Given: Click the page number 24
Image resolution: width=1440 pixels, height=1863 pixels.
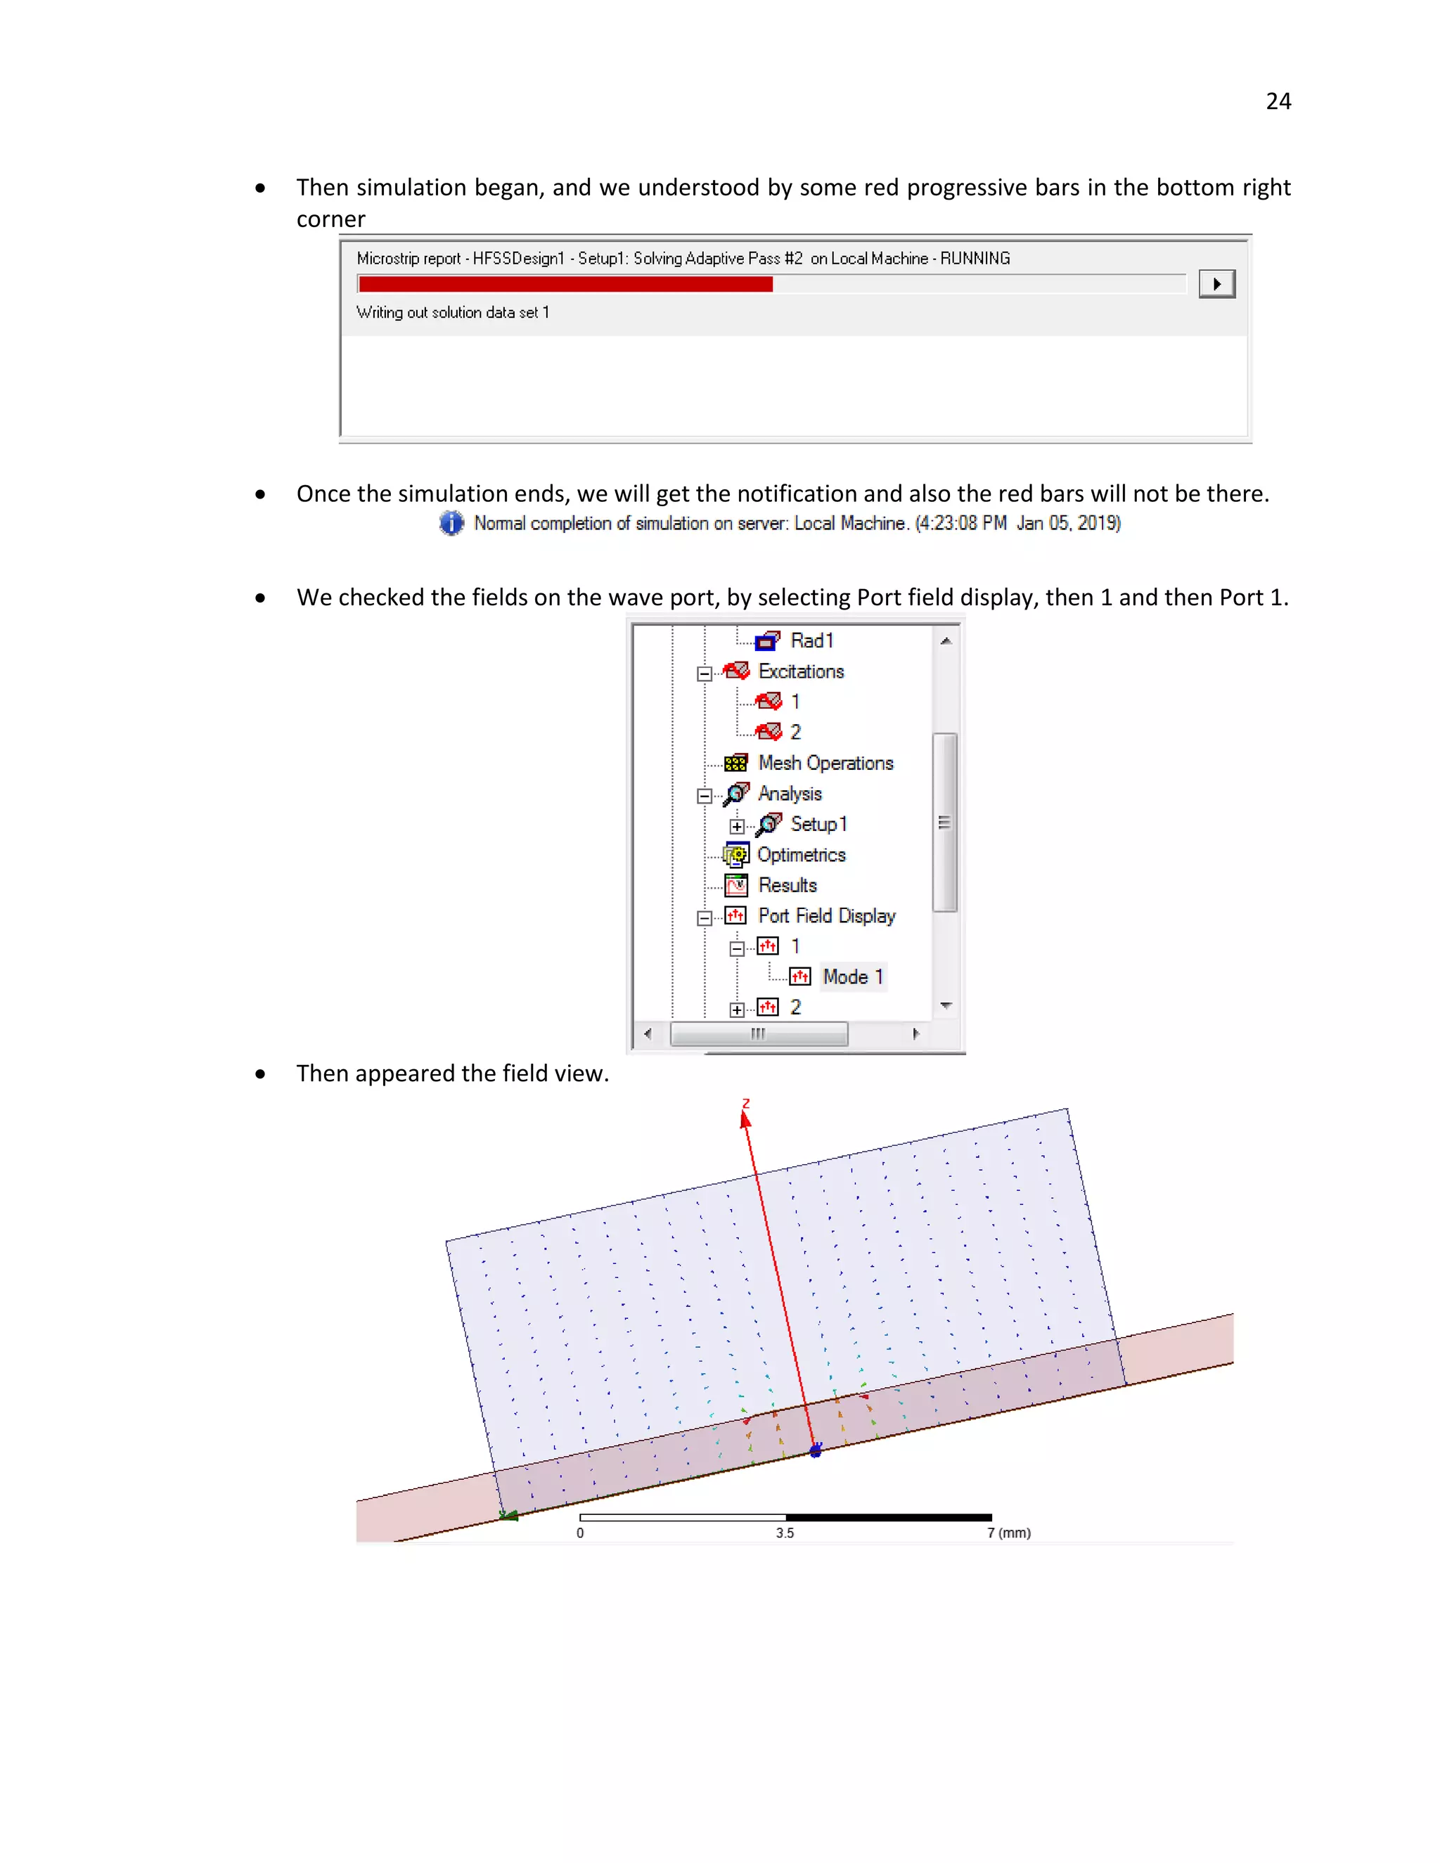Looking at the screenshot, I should [x=1278, y=101].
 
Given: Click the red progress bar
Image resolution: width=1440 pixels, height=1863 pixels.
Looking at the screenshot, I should [x=565, y=284].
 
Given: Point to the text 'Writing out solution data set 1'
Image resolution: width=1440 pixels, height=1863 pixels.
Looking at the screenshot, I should [x=452, y=313].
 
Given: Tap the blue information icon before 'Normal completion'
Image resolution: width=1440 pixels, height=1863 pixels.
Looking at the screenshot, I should [x=451, y=523].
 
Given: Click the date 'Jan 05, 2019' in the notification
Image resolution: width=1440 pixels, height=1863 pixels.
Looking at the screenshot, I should [x=1068, y=523].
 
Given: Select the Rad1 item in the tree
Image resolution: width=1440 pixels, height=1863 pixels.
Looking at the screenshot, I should [x=811, y=640].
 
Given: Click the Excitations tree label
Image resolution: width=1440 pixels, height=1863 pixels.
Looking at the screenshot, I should [x=800, y=671].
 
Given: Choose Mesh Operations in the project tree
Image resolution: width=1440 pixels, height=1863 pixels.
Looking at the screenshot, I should [x=825, y=763].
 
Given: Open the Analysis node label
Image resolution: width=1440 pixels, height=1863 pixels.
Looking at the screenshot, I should [x=789, y=793].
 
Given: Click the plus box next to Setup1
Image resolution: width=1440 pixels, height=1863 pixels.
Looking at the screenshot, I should [x=737, y=826].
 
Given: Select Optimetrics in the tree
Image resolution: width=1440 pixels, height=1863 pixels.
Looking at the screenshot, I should [x=801, y=855].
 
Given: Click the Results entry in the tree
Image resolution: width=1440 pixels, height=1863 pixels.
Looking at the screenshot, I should [x=787, y=885].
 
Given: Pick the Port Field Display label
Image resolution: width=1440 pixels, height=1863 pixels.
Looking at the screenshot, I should [x=825, y=916].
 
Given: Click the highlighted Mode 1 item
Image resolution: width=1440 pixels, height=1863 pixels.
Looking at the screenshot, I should [x=852, y=976].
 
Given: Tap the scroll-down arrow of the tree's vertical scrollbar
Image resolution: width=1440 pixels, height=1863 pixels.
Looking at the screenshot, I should [x=945, y=1006].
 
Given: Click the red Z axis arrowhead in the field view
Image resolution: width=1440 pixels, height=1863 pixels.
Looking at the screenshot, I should [x=745, y=1119].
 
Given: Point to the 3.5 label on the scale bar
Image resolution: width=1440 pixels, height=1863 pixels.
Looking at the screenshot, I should [x=785, y=1533].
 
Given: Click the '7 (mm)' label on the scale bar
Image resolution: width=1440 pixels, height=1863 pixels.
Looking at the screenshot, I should [x=1008, y=1533].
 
